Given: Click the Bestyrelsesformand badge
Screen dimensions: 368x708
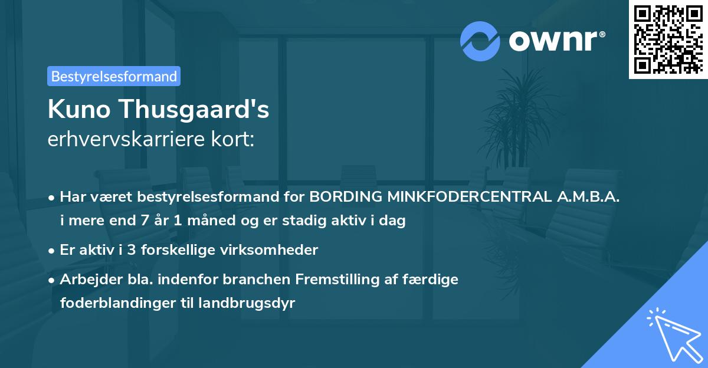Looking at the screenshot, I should click(114, 76).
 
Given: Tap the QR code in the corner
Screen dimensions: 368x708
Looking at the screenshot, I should click(668, 40).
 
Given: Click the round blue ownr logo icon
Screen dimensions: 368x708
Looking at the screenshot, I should click(480, 41).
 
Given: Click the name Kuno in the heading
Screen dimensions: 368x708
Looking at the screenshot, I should click(80, 109).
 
